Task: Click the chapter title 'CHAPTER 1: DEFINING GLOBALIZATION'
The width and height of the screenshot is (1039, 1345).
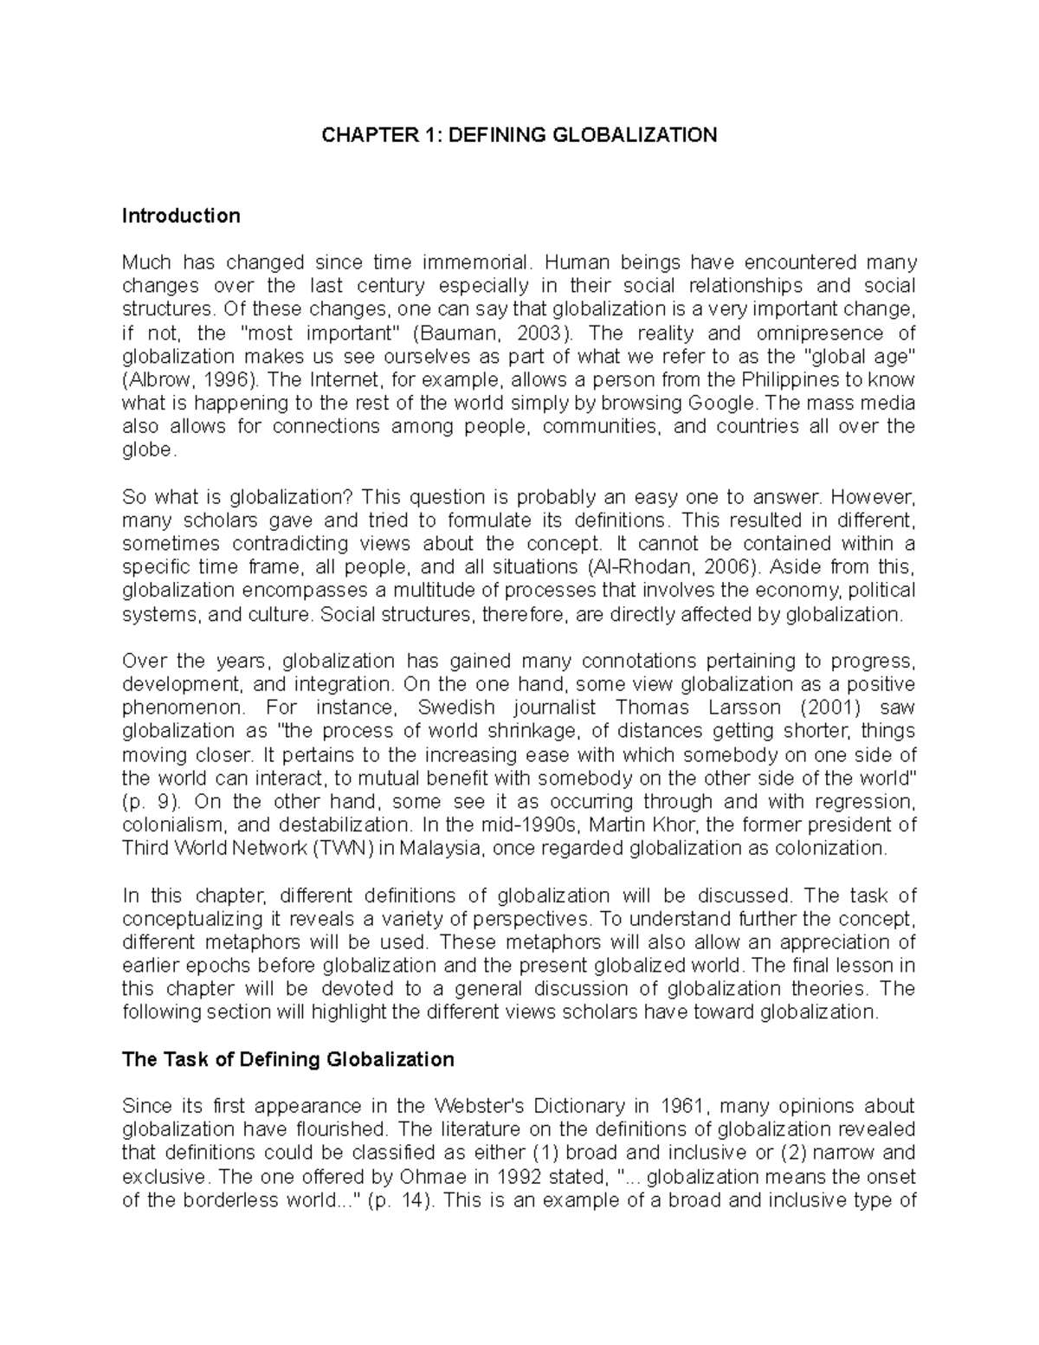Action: coord(519,135)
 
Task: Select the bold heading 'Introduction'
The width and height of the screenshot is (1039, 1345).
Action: coord(181,216)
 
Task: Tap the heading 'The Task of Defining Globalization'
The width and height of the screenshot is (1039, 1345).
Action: coord(288,1059)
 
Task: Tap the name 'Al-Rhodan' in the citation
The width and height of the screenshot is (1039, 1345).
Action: coord(632,567)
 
